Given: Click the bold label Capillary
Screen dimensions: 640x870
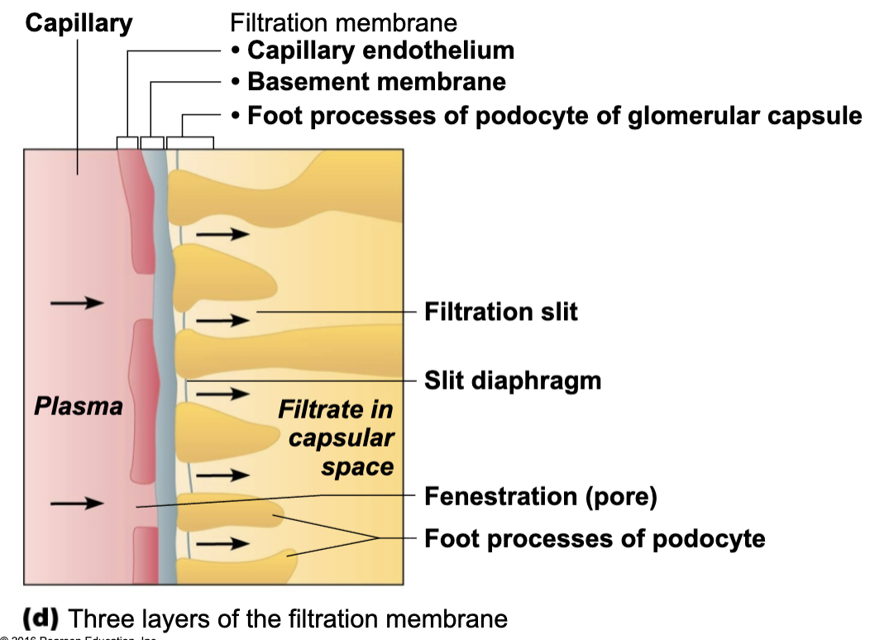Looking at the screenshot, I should [79, 22].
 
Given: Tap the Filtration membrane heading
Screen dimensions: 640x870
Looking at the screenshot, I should [343, 22].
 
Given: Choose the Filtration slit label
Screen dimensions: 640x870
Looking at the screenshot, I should [500, 312].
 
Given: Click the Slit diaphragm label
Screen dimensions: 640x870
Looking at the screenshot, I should [512, 380].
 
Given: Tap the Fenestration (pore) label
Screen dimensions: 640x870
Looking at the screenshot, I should [540, 496].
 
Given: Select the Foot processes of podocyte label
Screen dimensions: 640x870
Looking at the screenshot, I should [594, 539].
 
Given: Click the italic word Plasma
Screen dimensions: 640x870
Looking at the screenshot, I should [79, 406].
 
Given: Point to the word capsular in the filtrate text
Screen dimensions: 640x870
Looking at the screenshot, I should [341, 438].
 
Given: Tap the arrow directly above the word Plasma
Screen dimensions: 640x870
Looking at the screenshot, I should [77, 303].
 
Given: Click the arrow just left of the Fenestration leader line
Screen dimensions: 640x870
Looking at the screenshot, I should [77, 504].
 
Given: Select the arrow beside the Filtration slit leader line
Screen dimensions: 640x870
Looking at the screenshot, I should [222, 321].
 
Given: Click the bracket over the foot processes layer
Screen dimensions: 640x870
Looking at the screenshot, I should [190, 142].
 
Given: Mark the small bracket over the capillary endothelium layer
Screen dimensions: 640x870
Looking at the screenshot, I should [127, 142].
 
